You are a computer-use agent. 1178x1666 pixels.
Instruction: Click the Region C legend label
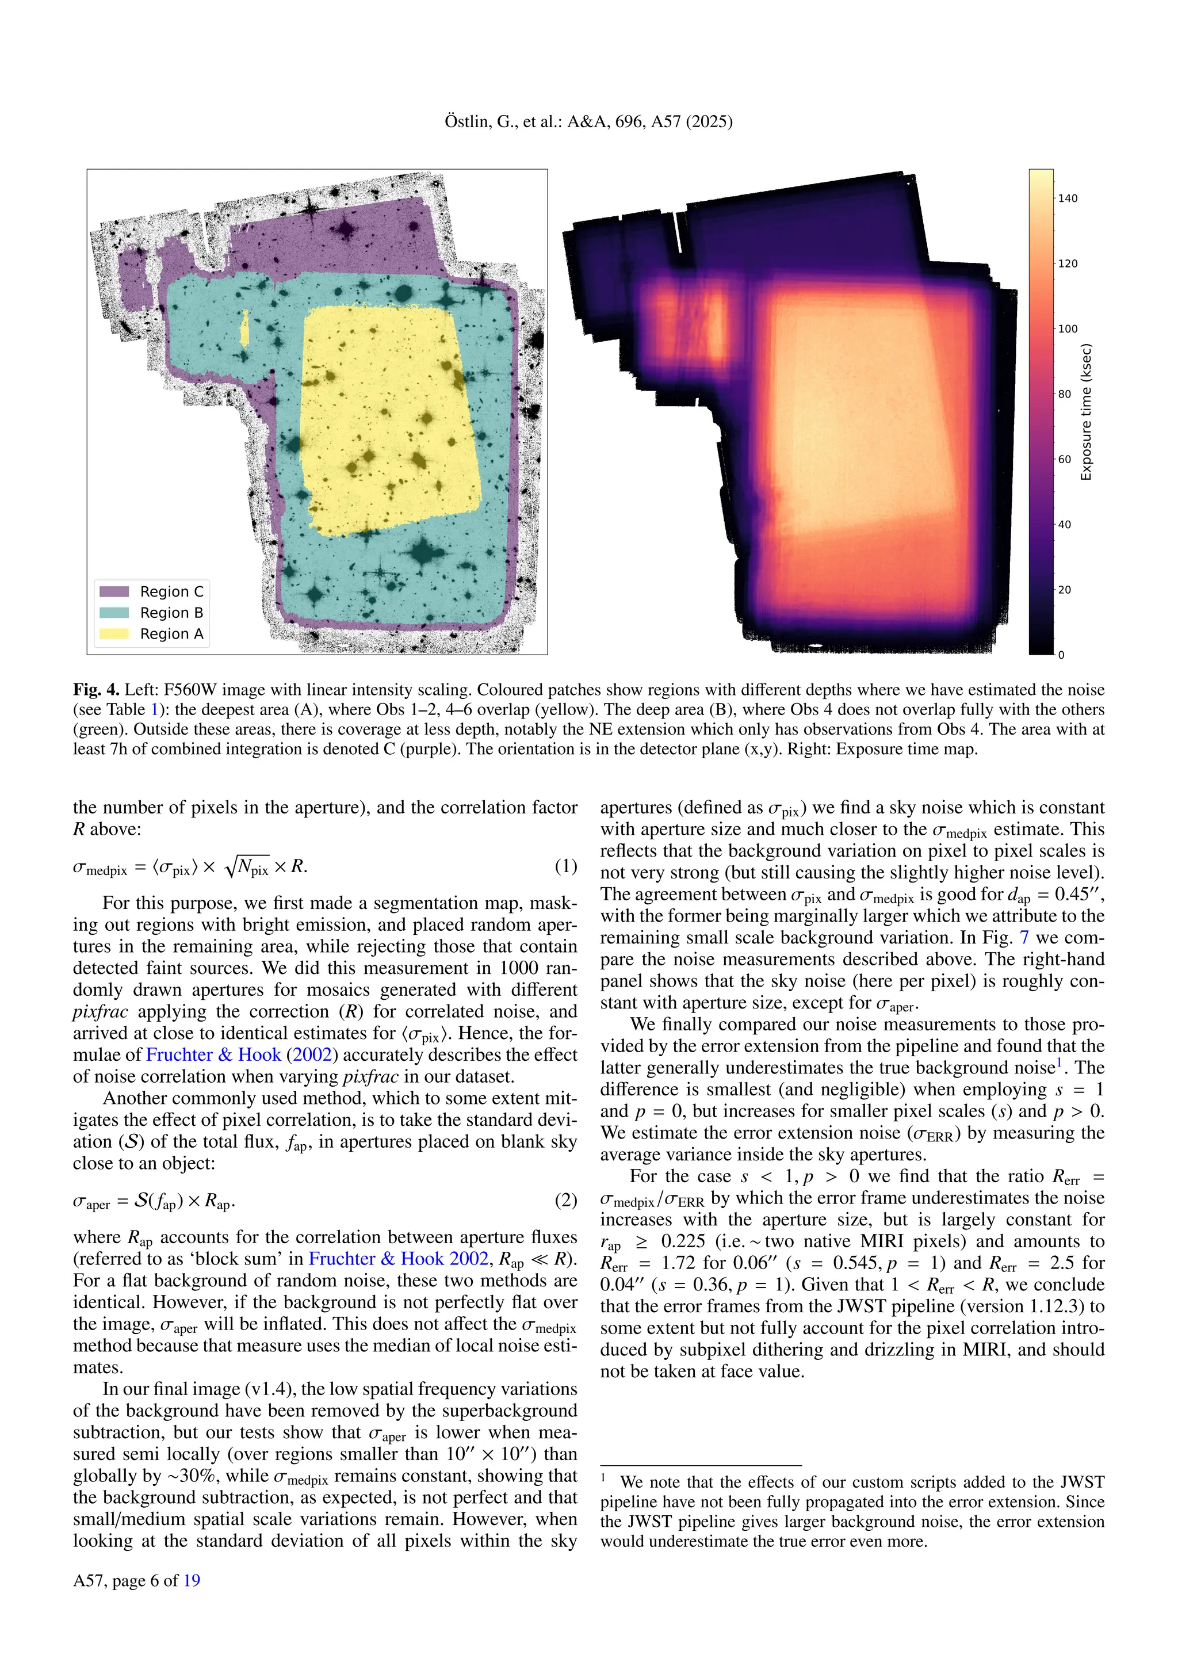coord(171,591)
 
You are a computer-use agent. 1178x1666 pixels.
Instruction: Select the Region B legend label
coord(171,613)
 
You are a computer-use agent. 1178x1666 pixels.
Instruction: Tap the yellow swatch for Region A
coord(114,633)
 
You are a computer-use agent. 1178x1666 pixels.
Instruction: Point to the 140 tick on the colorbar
coord(1067,198)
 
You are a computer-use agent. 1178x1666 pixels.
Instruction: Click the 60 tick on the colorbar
coord(1064,459)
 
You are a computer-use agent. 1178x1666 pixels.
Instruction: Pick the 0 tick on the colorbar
coord(1061,655)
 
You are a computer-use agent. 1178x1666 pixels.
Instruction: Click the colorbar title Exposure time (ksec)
coord(1086,412)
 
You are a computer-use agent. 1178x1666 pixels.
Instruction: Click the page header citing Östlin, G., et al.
coord(588,122)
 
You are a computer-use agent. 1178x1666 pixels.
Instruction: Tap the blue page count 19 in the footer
coord(192,1580)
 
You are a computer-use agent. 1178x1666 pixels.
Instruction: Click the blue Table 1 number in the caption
coord(154,710)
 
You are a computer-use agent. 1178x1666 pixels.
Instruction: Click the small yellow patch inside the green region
coord(244,327)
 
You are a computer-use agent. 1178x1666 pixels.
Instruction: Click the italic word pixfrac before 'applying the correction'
coord(101,1011)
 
